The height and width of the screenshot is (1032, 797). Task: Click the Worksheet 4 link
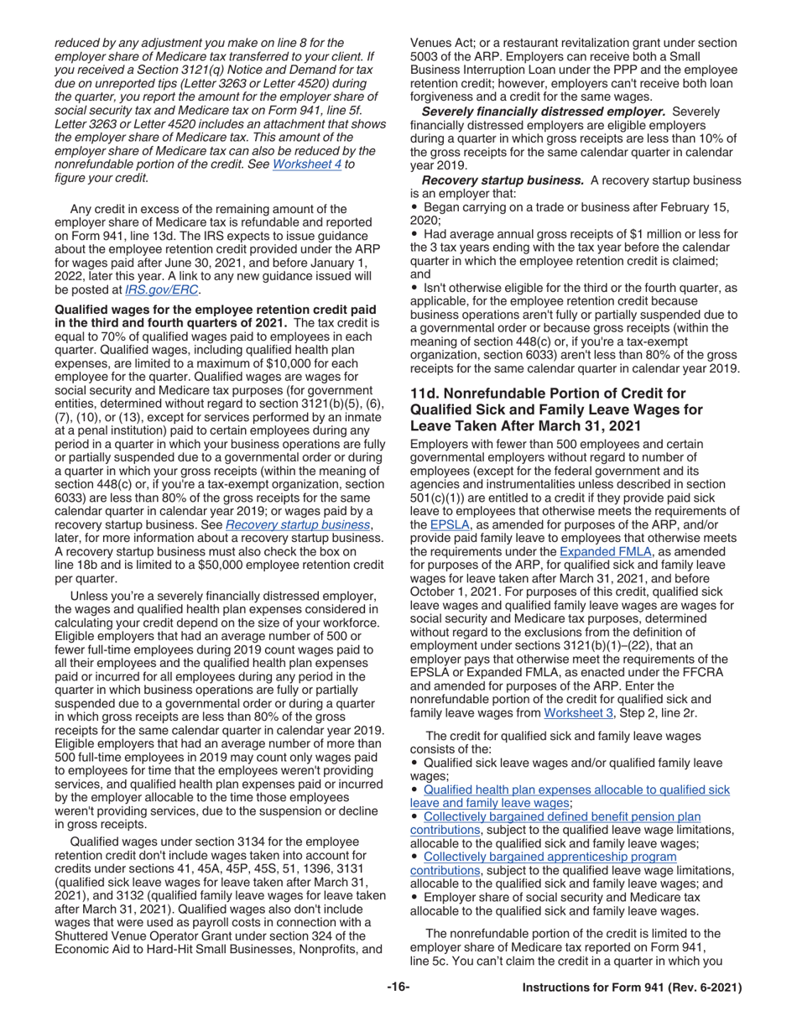tap(306, 165)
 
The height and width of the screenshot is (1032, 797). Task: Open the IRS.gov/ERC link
tap(162, 290)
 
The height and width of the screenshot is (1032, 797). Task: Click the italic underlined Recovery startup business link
tap(298, 525)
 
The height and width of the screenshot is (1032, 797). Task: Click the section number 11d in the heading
tap(425, 394)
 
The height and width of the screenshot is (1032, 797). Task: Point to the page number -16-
tap(398, 988)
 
